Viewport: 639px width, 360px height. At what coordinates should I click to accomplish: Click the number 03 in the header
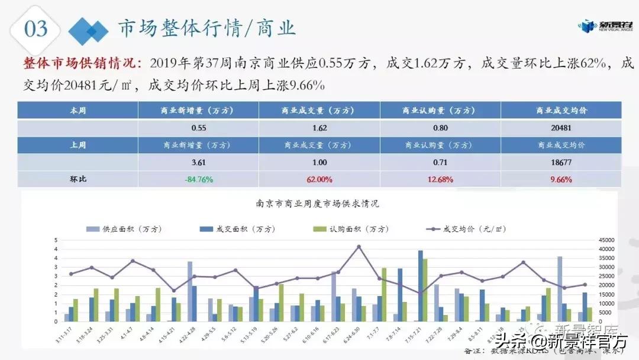(x=35, y=29)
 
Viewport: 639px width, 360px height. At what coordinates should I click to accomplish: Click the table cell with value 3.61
(x=198, y=162)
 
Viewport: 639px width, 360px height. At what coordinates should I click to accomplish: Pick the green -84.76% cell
(x=198, y=179)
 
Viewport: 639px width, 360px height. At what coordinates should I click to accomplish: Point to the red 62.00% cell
(x=319, y=179)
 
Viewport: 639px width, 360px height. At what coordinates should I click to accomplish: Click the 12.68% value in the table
(x=439, y=179)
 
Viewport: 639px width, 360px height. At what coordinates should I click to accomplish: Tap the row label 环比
(x=78, y=179)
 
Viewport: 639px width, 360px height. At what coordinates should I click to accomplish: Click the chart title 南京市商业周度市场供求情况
(x=318, y=203)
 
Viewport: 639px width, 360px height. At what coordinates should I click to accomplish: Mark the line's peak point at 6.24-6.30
(x=359, y=246)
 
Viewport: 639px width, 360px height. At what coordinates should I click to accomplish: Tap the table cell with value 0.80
(x=439, y=128)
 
